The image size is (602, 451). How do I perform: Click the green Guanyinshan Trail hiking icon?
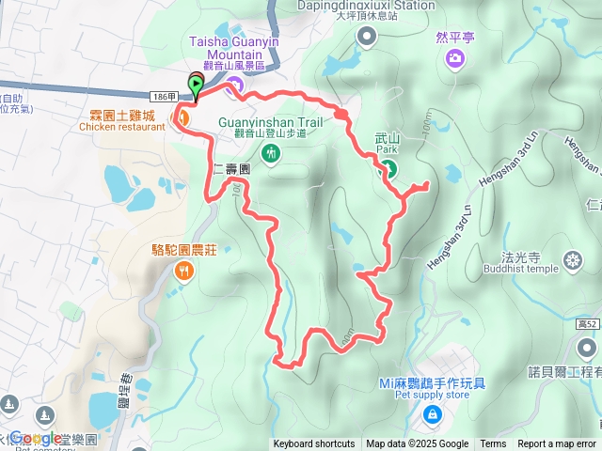pyautogui.click(x=271, y=152)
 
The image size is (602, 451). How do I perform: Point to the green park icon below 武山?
pyautogui.click(x=388, y=168)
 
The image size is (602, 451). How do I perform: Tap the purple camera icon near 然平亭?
pyautogui.click(x=455, y=60)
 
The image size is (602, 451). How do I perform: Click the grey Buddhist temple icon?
pyautogui.click(x=572, y=260)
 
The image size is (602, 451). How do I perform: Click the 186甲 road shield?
pyautogui.click(x=162, y=97)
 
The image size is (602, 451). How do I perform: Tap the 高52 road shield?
pyautogui.click(x=586, y=322)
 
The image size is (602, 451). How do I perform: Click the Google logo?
pyautogui.click(x=36, y=438)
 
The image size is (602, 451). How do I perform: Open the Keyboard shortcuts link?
pyautogui.click(x=314, y=444)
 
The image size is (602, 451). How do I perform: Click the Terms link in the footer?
pyautogui.click(x=493, y=444)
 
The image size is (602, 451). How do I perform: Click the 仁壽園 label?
pyautogui.click(x=230, y=170)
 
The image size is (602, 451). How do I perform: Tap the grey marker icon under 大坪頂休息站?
pyautogui.click(x=366, y=36)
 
